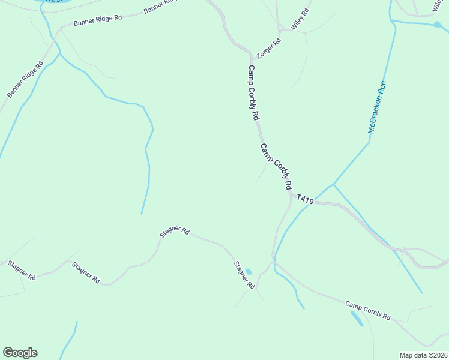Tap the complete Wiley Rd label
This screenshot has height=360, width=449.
click(300, 20)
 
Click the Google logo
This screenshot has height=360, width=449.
click(20, 353)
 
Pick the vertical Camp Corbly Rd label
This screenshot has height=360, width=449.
click(253, 92)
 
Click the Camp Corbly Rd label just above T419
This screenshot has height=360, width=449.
click(276, 166)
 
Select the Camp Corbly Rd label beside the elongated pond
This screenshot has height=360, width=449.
click(368, 310)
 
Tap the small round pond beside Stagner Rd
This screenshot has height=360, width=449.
click(249, 272)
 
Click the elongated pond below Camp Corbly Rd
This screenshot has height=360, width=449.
click(357, 318)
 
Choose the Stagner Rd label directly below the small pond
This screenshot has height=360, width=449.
click(244, 276)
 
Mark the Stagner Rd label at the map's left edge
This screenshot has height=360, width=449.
click(22, 271)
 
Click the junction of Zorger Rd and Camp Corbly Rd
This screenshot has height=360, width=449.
click(251, 54)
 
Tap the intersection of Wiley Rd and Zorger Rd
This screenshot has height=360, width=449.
click(280, 31)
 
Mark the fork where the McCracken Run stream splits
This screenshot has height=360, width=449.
click(333, 184)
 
